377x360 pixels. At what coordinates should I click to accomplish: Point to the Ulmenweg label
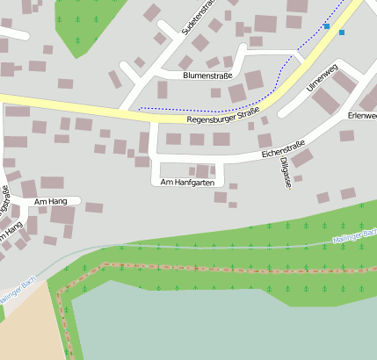pos(323,79)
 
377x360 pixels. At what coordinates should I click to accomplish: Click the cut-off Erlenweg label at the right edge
pos(362,115)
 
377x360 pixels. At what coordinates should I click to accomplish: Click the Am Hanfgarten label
pos(187,182)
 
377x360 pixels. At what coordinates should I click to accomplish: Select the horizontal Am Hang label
pos(50,202)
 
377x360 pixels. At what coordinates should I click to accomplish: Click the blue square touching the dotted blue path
pos(327,26)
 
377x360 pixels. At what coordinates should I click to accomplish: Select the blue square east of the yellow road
pos(342,32)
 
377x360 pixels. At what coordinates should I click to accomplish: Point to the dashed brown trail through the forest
pos(220,268)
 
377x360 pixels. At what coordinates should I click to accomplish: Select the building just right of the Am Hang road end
pos(94,208)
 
